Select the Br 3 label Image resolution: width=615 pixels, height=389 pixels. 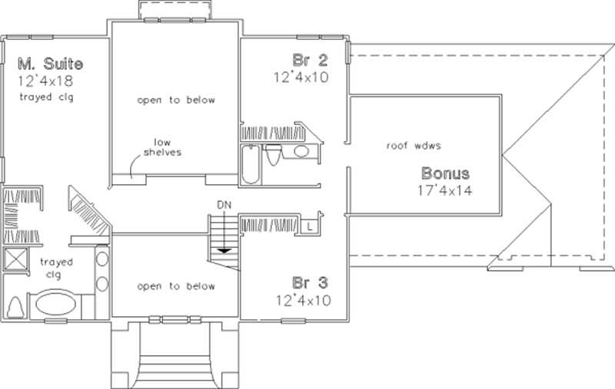pyautogui.click(x=307, y=282)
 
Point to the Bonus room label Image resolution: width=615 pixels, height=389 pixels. pyautogui.click(x=444, y=173)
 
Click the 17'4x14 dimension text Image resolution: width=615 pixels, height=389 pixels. pyautogui.click(x=444, y=190)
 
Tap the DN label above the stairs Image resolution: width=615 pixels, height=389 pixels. pyautogui.click(x=223, y=205)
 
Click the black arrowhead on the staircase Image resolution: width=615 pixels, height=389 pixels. pyautogui.click(x=223, y=249)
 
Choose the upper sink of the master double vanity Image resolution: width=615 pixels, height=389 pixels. pyautogui.click(x=102, y=259)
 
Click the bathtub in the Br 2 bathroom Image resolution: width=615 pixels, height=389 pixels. pyautogui.click(x=251, y=164)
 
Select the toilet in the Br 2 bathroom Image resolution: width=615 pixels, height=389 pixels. pyautogui.click(x=272, y=156)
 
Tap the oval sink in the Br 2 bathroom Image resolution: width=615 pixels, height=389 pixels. pyautogui.click(x=301, y=152)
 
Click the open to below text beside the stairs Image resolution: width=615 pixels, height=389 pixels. pyautogui.click(x=176, y=286)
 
